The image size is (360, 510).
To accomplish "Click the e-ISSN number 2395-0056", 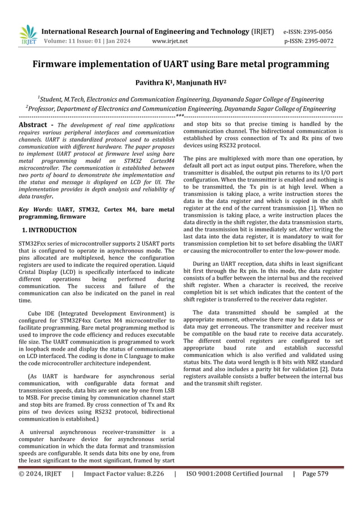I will [318, 32].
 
